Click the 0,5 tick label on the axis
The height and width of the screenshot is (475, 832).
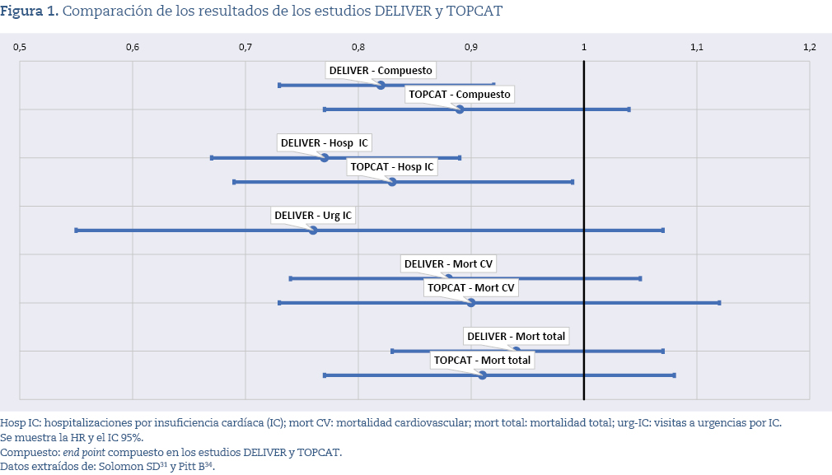[x=20, y=47]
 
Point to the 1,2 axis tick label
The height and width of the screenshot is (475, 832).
[x=809, y=47]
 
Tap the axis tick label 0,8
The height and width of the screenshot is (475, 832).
[x=358, y=47]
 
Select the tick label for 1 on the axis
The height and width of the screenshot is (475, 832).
[x=584, y=47]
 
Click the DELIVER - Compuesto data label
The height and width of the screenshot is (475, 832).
[x=381, y=71]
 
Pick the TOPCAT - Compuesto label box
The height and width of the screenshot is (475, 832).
[x=460, y=95]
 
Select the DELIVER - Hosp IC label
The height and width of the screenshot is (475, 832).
[x=325, y=143]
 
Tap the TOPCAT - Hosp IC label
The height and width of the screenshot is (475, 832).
[x=392, y=167]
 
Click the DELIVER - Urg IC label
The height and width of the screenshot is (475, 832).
[x=313, y=216]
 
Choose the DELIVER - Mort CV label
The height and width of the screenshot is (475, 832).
[x=449, y=264]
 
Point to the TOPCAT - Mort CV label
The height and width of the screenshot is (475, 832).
[x=472, y=288]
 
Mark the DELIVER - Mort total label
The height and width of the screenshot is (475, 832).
[x=516, y=337]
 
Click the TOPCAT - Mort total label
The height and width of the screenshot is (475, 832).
[x=483, y=361]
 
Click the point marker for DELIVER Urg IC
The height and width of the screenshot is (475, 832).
[x=313, y=231]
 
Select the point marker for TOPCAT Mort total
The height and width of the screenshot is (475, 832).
[x=483, y=375]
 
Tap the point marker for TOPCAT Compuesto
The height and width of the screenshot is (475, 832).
[x=460, y=109]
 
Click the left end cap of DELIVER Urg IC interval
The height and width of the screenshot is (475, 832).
[x=77, y=231]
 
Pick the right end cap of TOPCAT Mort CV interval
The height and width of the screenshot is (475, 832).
[x=719, y=303]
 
